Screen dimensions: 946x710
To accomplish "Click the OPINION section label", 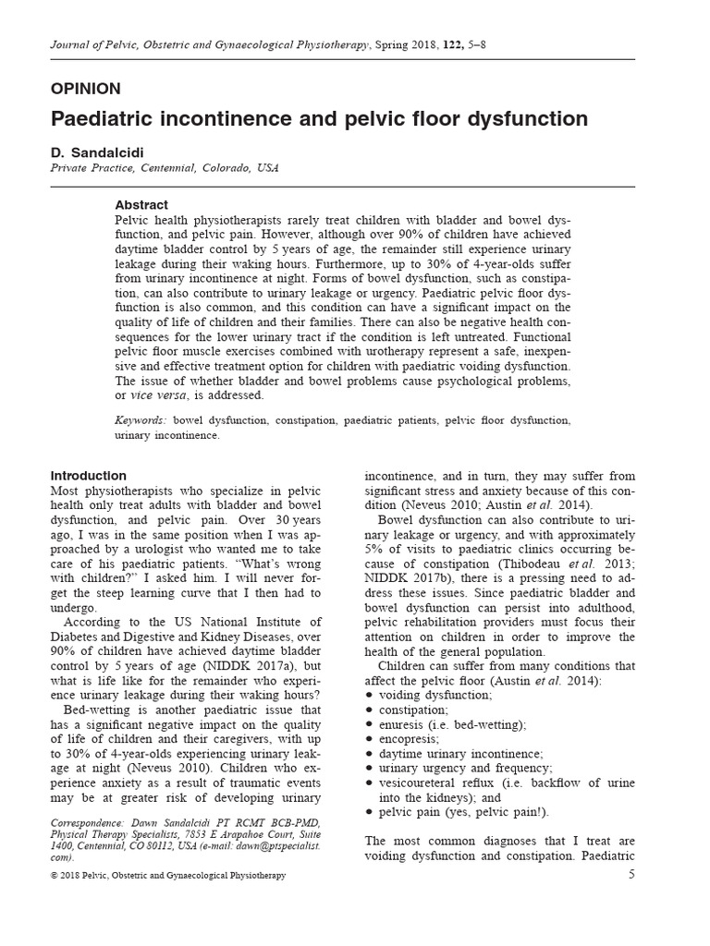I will coord(85,89).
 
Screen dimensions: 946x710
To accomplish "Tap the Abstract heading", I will coord(141,205).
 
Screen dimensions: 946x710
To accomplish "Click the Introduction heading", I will coord(89,476).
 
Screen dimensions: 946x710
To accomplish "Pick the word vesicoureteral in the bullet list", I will coord(421,783).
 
